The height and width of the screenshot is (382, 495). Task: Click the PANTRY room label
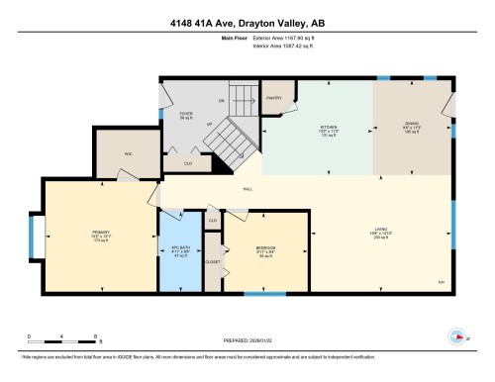tap(274, 98)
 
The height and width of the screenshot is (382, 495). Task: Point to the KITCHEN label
tap(329, 129)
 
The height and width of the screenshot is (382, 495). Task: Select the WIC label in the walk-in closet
tap(128, 153)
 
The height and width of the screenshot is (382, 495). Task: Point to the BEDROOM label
tap(265, 247)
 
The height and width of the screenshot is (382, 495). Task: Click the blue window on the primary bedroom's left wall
tap(34, 238)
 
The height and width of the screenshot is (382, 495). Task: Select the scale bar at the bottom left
tap(61, 338)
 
